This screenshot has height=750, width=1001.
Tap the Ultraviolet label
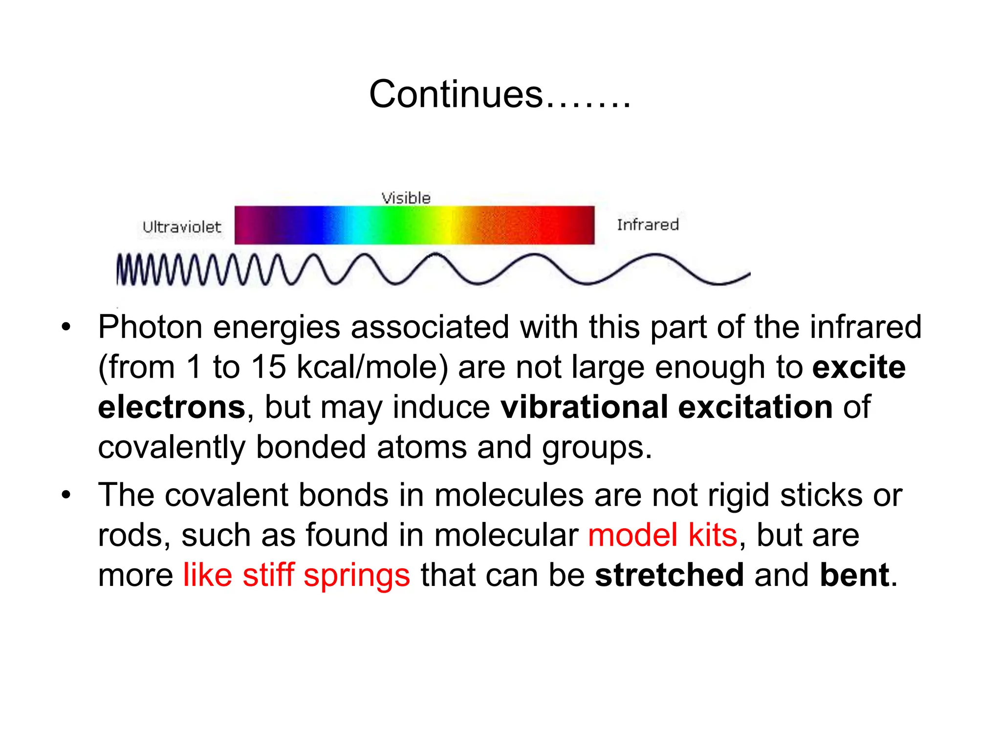click(182, 227)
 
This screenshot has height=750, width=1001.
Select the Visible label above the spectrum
click(406, 198)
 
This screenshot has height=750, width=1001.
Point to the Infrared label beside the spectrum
click(648, 225)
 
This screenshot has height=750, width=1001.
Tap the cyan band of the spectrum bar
click(362, 225)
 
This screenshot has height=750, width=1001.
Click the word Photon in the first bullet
click(150, 327)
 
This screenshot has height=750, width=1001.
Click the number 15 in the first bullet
click(268, 367)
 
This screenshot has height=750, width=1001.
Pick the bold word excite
click(859, 367)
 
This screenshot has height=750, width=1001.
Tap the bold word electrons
click(172, 407)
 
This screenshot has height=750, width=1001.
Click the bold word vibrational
click(584, 407)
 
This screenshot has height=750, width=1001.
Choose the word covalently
click(172, 448)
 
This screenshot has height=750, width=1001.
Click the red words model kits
click(662, 536)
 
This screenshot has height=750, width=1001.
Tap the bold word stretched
click(669, 575)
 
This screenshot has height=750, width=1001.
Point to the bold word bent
click(854, 575)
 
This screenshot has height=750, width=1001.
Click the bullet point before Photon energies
click(66, 328)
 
